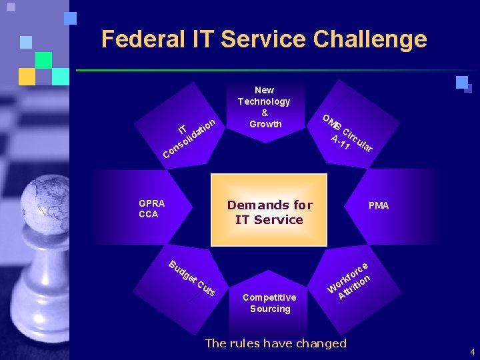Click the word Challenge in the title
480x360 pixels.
[372, 39]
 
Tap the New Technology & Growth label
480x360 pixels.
[265, 107]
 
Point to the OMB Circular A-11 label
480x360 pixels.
[347, 133]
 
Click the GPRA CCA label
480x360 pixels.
[151, 209]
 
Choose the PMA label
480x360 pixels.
[379, 205]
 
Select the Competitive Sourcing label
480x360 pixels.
[269, 303]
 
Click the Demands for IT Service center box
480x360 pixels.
[269, 212]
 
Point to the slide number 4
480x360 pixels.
[472, 351]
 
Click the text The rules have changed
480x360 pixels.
[275, 343]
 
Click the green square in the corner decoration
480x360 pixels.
[44, 60]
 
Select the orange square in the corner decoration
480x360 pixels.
[27, 77]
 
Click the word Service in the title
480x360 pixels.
[265, 39]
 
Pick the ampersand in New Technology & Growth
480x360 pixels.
[265, 113]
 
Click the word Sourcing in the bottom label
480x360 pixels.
[270, 309]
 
